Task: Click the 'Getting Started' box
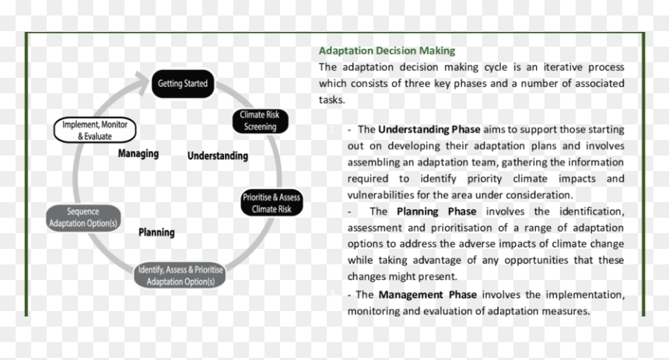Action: pos(183,84)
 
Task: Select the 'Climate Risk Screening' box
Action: pos(260,121)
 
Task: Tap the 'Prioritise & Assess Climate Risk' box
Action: pos(271,203)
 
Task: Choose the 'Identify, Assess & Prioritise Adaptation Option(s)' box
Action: pos(180,275)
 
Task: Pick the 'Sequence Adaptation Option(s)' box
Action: pos(83,218)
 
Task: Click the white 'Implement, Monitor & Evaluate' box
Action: pos(95,130)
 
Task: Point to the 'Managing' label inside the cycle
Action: pos(138,153)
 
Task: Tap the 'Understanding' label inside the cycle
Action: pos(218,156)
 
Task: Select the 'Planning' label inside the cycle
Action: pos(156,232)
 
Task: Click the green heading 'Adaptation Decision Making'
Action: pos(387,51)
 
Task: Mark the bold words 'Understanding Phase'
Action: pos(429,129)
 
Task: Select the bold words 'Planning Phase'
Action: pos(436,211)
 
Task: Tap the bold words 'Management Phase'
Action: pos(428,295)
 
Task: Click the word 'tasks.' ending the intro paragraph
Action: pos(332,100)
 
